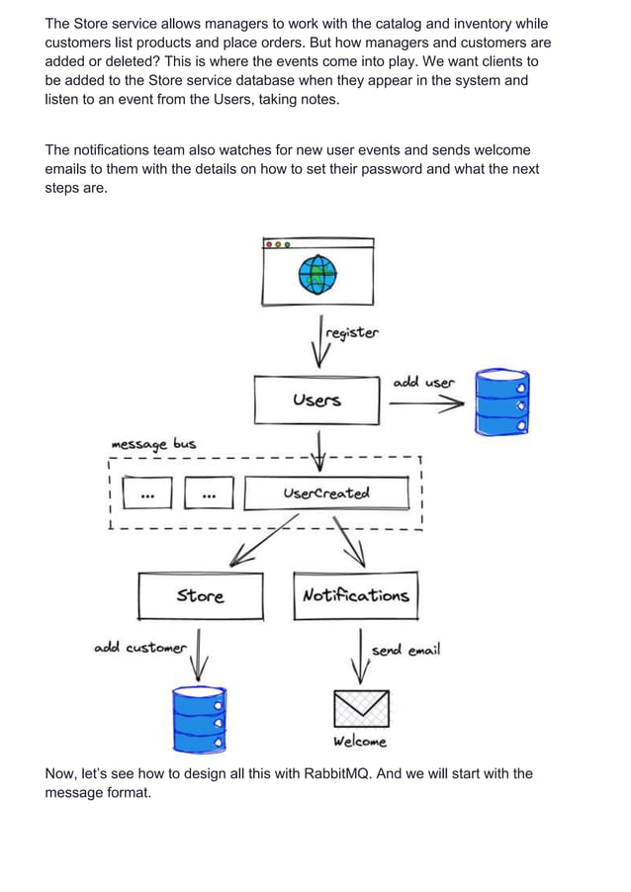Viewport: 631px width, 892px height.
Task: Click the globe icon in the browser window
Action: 317,275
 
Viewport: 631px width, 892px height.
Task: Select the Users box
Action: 316,400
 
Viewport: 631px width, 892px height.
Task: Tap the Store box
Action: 201,595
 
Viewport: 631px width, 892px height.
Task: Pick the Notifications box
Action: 355,595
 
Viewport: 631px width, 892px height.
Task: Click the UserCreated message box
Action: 325,492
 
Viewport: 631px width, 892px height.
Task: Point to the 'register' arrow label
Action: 351,333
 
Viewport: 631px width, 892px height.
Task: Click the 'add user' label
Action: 424,382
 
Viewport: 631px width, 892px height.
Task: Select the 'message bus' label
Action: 153,444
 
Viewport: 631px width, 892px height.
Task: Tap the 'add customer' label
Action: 139,648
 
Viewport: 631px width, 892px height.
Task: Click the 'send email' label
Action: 406,650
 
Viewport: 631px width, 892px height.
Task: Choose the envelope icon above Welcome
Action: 360,708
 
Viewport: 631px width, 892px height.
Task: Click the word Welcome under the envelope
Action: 360,742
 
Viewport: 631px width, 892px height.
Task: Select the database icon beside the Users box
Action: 501,402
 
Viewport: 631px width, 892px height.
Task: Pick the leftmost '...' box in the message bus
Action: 146,492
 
